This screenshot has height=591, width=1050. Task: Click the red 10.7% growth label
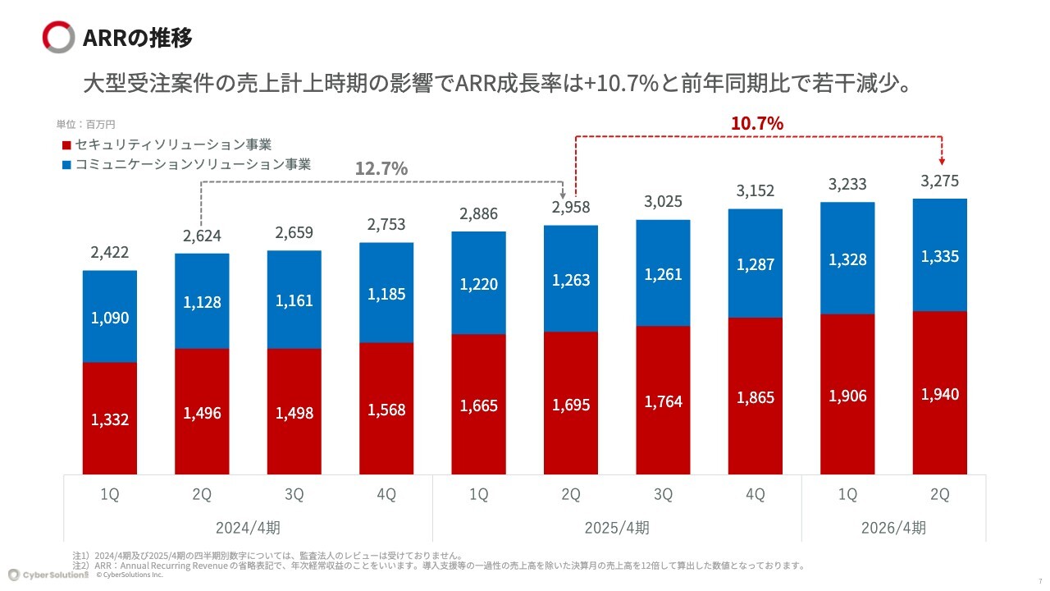[756, 123]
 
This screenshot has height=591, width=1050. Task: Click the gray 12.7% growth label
[381, 168]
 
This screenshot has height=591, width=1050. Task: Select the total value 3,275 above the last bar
[940, 181]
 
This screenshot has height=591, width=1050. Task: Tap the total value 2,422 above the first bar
[109, 252]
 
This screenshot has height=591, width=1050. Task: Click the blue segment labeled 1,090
[109, 317]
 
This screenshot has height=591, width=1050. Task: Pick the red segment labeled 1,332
[109, 419]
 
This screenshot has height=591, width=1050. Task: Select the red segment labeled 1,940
[940, 393]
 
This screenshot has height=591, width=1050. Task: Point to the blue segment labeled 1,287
[756, 264]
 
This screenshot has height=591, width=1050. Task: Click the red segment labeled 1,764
[663, 401]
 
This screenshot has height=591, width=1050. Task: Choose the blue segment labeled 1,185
[386, 293]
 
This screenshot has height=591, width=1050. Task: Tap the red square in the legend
[66, 146]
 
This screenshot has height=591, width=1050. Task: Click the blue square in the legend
[66, 165]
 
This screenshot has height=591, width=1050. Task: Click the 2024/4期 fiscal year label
[248, 527]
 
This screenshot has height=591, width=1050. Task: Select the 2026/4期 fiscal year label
[893, 527]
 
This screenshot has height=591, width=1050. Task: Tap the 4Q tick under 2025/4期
[756, 495]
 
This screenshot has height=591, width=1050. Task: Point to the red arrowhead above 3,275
[942, 161]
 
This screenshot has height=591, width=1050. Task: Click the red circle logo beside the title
[58, 38]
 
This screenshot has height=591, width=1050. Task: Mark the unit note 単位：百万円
[86, 125]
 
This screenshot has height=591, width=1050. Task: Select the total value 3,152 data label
[756, 191]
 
